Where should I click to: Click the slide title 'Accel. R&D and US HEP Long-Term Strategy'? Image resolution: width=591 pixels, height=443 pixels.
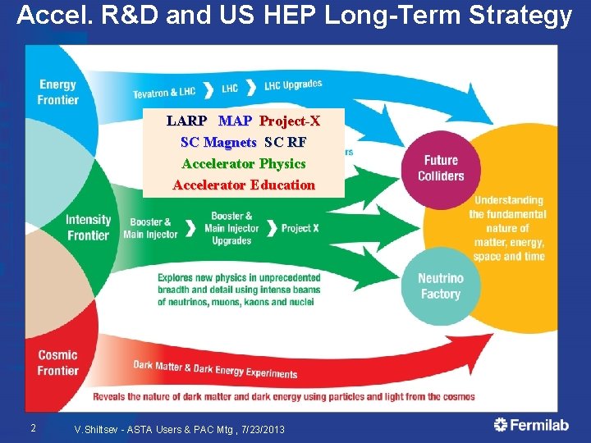tap(295, 16)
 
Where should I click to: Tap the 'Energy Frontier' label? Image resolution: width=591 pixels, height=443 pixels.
tap(57, 92)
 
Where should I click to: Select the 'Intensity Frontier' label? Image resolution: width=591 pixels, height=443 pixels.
tap(88, 227)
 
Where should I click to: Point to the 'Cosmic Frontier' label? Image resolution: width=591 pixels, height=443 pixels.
tap(57, 363)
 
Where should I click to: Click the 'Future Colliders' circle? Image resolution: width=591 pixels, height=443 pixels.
tap(441, 168)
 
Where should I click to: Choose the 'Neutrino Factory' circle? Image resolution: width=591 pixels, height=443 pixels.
tap(441, 286)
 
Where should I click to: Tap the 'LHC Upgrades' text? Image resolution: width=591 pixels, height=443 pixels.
tap(293, 84)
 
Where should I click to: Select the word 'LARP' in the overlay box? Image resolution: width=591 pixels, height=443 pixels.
tap(186, 121)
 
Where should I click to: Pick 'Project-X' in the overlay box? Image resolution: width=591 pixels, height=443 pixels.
tap(290, 121)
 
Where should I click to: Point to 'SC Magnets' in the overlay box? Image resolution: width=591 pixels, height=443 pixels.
tap(218, 143)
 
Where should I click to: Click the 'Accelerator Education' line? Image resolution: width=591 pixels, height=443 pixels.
tap(244, 185)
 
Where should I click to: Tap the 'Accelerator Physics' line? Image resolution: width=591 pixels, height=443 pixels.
tap(244, 164)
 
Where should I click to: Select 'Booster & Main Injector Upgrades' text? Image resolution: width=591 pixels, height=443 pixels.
tap(231, 228)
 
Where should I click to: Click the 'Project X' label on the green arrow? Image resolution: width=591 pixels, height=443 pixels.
tap(300, 228)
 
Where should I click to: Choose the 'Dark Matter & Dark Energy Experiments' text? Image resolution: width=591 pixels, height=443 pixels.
tap(215, 370)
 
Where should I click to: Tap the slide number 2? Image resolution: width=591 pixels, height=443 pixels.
tap(32, 427)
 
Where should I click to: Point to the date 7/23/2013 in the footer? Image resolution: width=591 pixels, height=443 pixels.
tap(263, 429)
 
